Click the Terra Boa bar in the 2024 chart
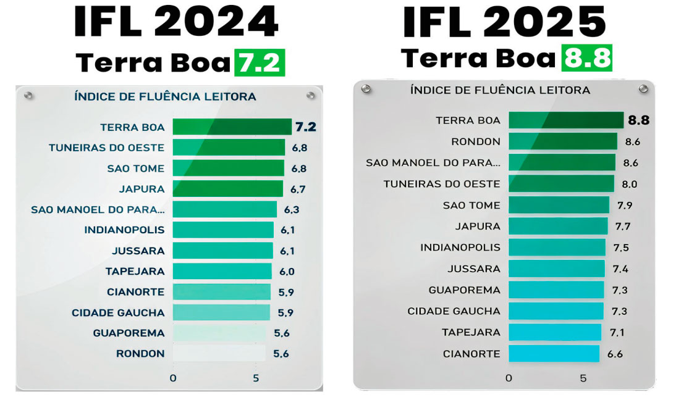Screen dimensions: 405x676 tap(232, 127)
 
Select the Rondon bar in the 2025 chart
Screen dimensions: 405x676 tap(562, 141)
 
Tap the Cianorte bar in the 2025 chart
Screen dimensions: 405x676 tap(554, 354)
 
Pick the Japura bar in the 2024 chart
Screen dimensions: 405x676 tap(227, 188)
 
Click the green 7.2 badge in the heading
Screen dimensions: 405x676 tap(259, 63)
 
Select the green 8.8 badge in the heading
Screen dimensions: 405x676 tap(586, 58)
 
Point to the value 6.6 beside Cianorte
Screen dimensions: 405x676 tap(615, 354)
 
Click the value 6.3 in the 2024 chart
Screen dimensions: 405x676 tap(292, 209)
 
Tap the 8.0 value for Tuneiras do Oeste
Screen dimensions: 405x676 tap(630, 184)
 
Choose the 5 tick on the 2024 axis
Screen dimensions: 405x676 tap(256, 377)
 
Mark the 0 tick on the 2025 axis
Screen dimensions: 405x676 tap(509, 377)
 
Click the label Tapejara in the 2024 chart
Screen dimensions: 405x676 tap(135, 271)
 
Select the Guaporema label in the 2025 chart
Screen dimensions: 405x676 tap(464, 290)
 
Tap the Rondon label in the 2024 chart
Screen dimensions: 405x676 tap(140, 354)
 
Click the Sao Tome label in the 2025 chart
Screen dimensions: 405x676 tap(471, 205)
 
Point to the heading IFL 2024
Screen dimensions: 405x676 tap(175, 22)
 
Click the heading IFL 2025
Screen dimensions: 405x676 tap(504, 22)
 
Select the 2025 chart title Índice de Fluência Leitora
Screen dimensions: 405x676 tap(500, 90)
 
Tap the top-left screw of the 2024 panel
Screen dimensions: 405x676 tap(28, 96)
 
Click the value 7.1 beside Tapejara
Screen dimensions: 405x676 tap(617, 332)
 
